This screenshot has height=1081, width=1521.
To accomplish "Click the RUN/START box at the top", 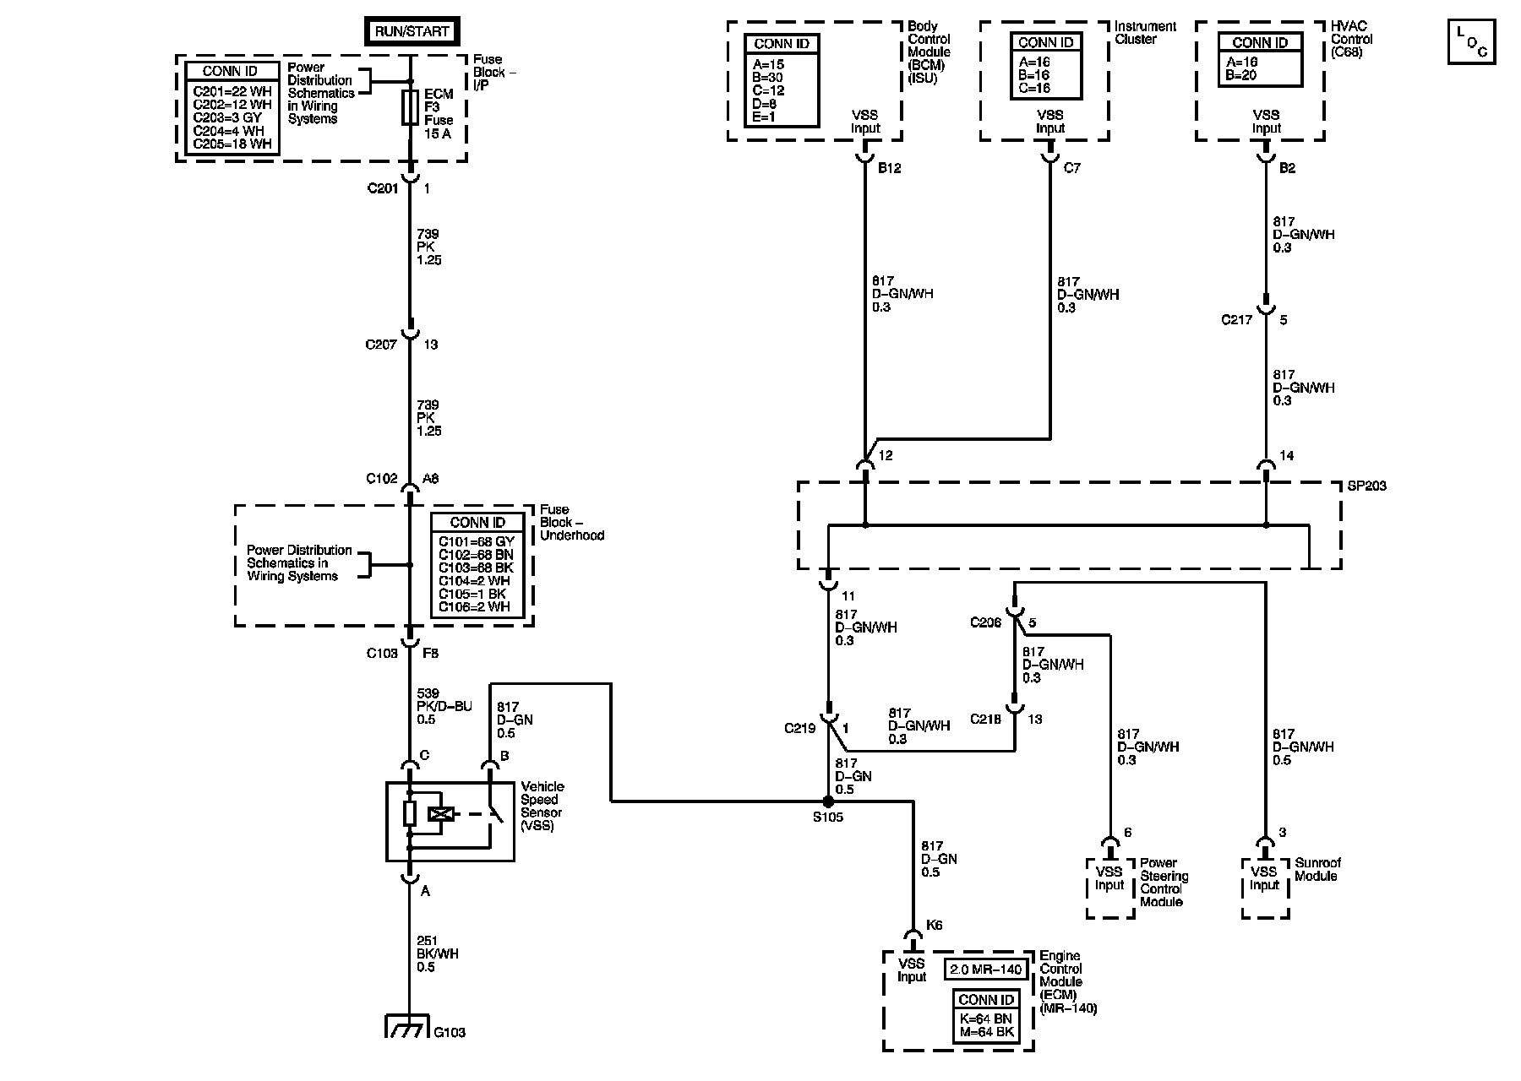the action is [x=412, y=32].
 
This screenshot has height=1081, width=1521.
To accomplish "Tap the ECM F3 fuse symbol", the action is [x=410, y=109].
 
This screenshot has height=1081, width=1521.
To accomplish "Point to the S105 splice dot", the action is [x=829, y=801].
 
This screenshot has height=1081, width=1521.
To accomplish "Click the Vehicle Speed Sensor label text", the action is [x=542, y=807].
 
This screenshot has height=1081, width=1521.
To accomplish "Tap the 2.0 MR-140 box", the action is [x=986, y=970].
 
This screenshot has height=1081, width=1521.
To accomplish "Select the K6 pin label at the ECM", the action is [x=934, y=926].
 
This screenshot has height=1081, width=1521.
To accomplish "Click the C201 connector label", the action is [x=382, y=188].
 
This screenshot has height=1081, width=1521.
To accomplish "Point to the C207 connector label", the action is [x=381, y=345].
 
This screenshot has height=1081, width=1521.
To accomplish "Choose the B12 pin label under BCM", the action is [x=889, y=168].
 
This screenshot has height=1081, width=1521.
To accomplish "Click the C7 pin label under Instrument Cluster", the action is [x=1071, y=168].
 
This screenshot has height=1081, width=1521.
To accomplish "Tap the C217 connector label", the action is [x=1237, y=320].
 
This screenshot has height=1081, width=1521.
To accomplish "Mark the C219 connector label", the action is [x=800, y=728].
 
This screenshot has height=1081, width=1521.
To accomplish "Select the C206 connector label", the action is [x=985, y=622].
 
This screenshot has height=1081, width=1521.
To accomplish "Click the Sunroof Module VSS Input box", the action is [x=1265, y=888].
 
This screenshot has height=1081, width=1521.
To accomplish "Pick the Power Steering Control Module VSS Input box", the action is [x=1109, y=888].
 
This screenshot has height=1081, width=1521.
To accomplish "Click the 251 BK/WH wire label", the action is [x=439, y=953].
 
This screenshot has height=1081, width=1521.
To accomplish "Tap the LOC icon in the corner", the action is [x=1471, y=41].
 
